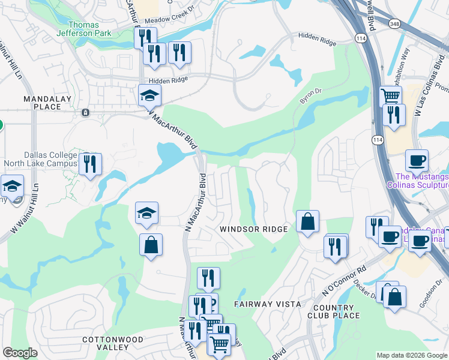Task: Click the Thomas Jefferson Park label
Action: click(x=89, y=29)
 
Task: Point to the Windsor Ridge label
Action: click(x=253, y=229)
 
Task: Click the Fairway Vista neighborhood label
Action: click(x=268, y=304)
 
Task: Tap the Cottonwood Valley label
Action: click(x=113, y=343)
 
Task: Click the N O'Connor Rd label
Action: click(x=344, y=283)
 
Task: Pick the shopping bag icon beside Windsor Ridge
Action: click(x=307, y=221)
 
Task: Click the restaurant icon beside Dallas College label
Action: click(x=90, y=163)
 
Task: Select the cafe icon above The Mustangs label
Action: click(x=417, y=160)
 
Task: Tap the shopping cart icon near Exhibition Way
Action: click(x=391, y=95)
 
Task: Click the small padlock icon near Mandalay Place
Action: click(x=86, y=112)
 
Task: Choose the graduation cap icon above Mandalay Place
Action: click(x=149, y=95)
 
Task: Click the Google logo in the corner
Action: click(x=20, y=353)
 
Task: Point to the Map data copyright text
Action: click(x=411, y=355)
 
